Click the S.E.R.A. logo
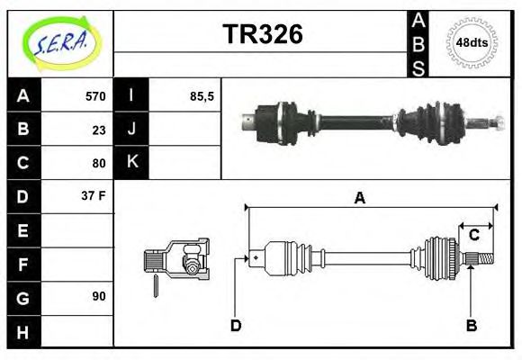60,42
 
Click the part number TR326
262,34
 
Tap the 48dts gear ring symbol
472,42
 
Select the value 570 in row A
95,96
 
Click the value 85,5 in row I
202,96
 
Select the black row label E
22,230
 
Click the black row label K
132,163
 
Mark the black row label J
132,130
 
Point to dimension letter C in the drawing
473,236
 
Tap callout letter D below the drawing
236,325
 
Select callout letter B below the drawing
471,325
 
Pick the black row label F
22,264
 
